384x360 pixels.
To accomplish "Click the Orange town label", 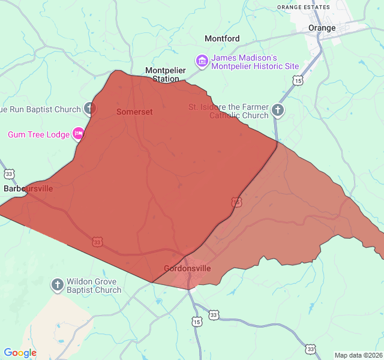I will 322,28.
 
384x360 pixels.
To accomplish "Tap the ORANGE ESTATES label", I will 304,7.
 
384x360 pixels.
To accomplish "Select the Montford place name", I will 222,38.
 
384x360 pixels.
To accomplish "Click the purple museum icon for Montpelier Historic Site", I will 202,61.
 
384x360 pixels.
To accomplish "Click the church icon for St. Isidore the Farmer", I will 277,110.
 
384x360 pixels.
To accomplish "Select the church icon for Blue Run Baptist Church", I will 89,109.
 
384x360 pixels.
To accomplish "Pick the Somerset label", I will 134,112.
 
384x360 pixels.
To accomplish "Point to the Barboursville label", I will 28,188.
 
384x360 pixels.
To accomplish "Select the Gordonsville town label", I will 187,268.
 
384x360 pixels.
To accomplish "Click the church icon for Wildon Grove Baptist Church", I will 57,285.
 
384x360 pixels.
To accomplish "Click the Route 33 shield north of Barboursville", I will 8,174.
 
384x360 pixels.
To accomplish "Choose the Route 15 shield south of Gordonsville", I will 197,322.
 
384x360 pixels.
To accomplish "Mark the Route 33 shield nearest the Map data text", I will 310,349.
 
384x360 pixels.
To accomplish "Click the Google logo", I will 20,353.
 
